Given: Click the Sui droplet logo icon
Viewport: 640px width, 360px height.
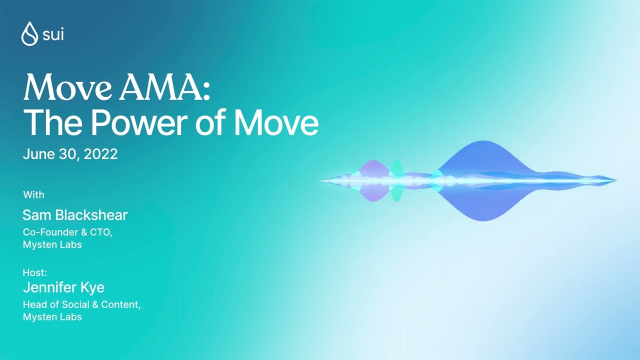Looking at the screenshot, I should [x=29, y=33].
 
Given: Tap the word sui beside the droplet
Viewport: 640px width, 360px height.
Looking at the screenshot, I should [x=53, y=34].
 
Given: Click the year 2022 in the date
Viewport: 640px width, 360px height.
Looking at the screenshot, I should [x=101, y=154].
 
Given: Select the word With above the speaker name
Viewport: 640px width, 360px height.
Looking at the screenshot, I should [x=33, y=194].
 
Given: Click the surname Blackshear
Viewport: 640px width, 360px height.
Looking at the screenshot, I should [x=91, y=215].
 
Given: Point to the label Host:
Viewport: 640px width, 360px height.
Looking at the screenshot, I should [x=35, y=272].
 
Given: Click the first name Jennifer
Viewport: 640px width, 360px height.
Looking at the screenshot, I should [x=49, y=288].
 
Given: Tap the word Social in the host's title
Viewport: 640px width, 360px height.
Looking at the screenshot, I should [x=76, y=304].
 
